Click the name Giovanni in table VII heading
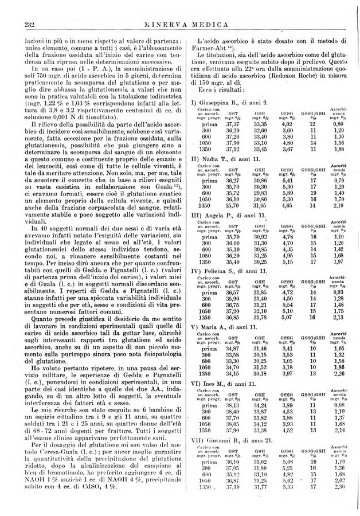coord(220,440)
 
